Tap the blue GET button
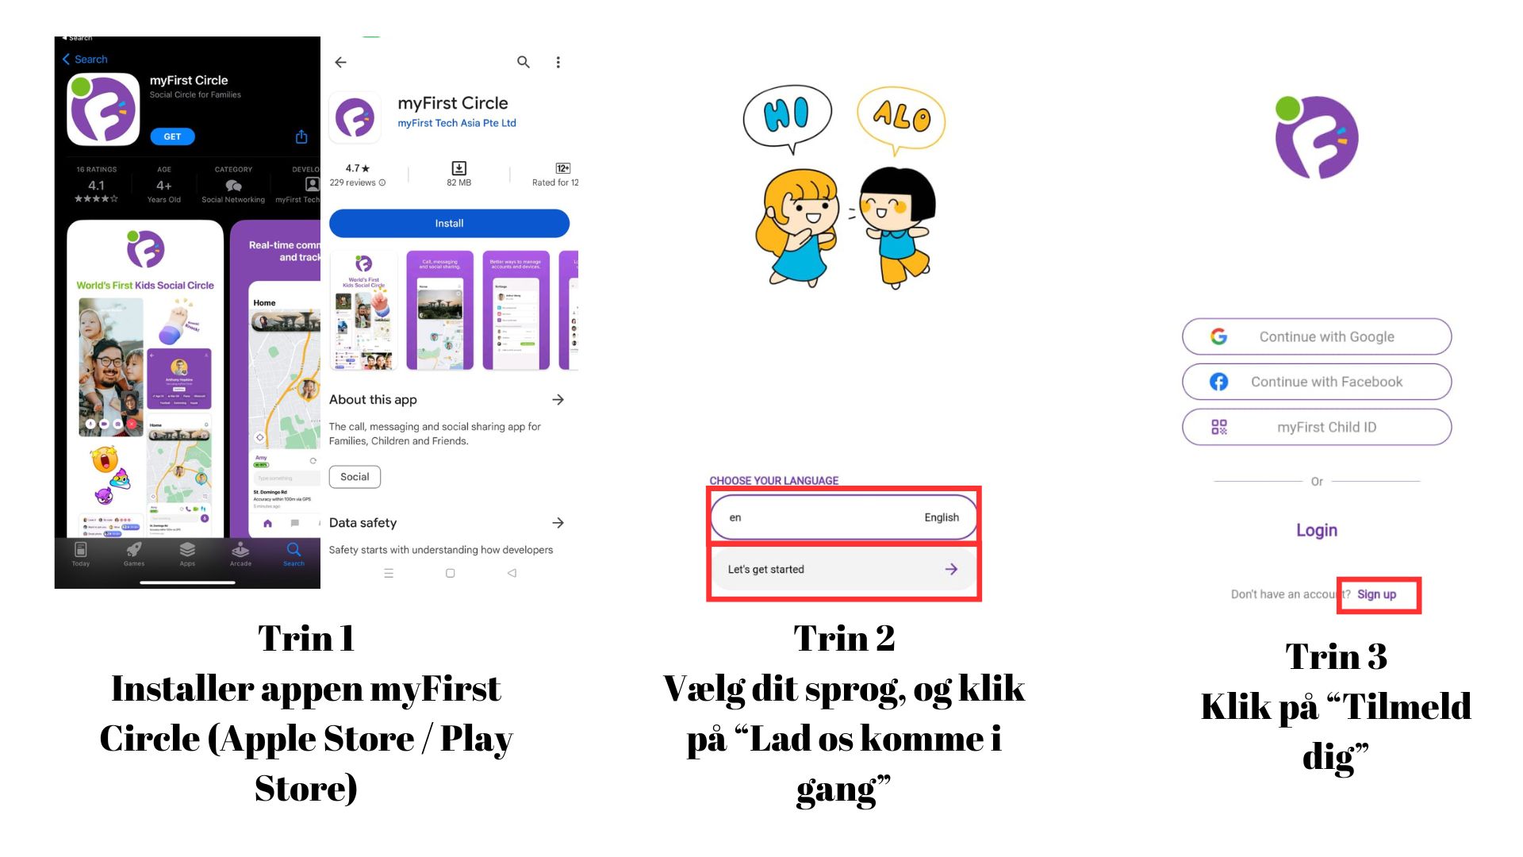[x=172, y=136]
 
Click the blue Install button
[x=449, y=223]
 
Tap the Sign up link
[x=1376, y=594]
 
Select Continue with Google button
[x=1317, y=336]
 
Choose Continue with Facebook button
[x=1317, y=382]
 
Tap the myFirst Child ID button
[x=1317, y=427]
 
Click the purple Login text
[x=1317, y=530]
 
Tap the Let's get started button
[x=843, y=569]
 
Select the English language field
[x=843, y=517]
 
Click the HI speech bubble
[x=787, y=115]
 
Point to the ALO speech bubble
[x=901, y=117]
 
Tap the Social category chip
[x=355, y=477]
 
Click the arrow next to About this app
[x=558, y=400]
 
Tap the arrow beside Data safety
[x=558, y=523]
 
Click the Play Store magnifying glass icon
[x=524, y=62]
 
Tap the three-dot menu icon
[x=558, y=62]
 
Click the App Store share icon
[x=301, y=136]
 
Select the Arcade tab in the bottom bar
[x=240, y=553]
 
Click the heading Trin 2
[x=844, y=638]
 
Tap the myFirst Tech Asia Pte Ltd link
[x=457, y=123]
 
